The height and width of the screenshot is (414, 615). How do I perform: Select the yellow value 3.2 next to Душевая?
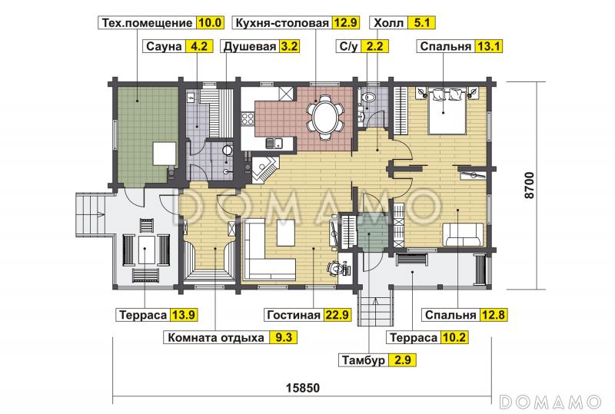click(x=289, y=46)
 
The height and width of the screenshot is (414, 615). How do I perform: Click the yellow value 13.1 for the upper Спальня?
click(x=488, y=46)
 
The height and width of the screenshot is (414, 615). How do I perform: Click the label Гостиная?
click(x=293, y=315)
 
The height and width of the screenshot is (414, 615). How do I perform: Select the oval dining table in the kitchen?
click(x=326, y=118)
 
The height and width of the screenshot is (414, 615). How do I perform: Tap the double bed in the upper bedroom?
click(x=446, y=111)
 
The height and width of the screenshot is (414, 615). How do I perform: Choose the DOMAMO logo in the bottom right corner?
click(x=550, y=402)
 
